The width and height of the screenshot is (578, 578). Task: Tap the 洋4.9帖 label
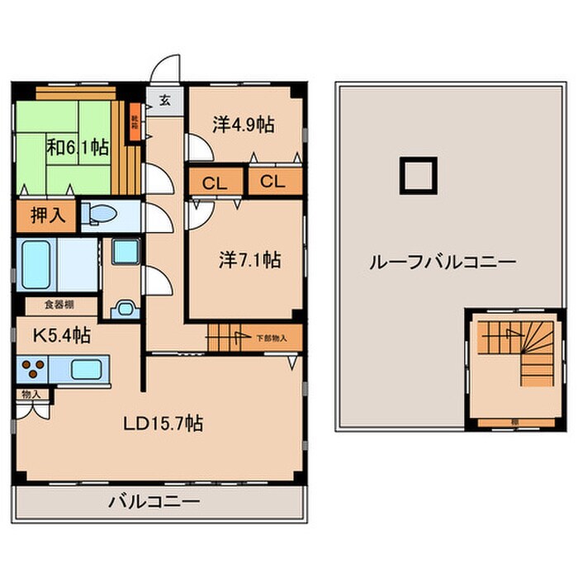point(243,125)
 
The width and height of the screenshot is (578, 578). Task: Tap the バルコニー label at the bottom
point(154,501)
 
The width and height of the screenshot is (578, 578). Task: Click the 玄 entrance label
point(163,101)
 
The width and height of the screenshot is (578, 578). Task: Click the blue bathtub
point(37,262)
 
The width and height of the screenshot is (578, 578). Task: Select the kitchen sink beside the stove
point(85,368)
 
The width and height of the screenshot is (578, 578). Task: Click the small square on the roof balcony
point(415,174)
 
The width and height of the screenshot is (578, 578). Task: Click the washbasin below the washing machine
point(126,310)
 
